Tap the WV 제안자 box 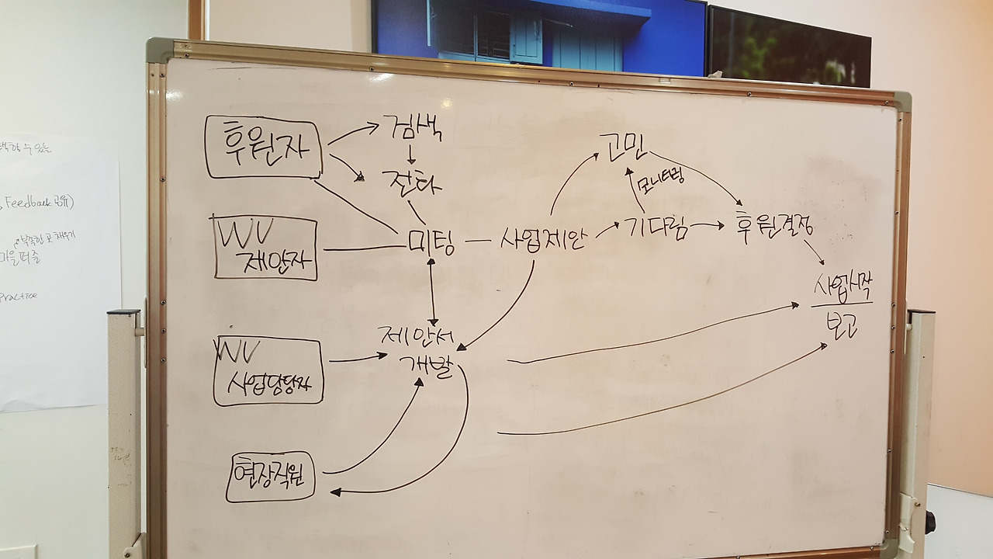(266, 248)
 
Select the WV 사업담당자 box (267, 370)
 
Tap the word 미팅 (431, 243)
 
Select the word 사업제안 (544, 236)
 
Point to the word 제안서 (420, 336)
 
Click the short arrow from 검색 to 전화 (411, 155)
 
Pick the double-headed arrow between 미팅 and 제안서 (433, 291)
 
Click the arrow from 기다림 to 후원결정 (706, 226)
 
